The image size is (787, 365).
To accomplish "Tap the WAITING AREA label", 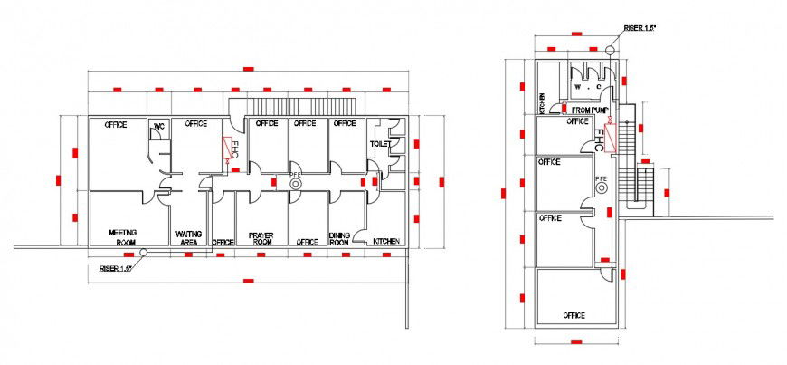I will tap(190, 237).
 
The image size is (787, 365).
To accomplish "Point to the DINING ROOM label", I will tap(339, 239).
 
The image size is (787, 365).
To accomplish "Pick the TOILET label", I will tap(379, 144).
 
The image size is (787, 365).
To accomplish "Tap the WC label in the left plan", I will tap(159, 126).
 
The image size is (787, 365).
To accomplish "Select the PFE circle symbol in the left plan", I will tap(295, 184).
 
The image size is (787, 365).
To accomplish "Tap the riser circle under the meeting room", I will tap(149, 253).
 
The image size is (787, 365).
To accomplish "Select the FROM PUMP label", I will tap(591, 110).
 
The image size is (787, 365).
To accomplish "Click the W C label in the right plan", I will tap(588, 88).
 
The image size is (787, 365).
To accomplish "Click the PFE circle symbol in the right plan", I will tap(601, 188).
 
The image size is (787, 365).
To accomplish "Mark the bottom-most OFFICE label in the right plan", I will tap(574, 315).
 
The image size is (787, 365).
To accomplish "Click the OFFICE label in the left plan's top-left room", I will tap(115, 124).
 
